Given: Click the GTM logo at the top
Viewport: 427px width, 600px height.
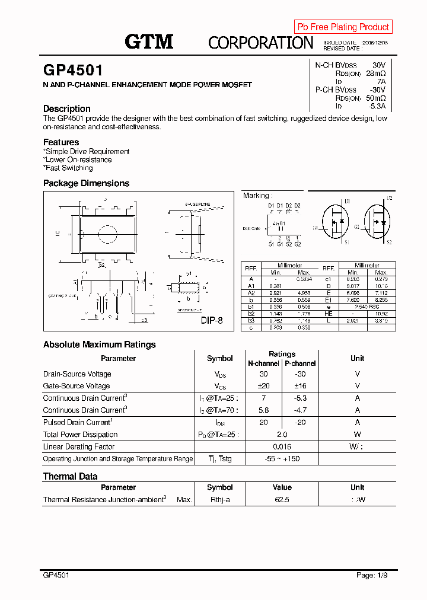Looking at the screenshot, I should (x=149, y=42).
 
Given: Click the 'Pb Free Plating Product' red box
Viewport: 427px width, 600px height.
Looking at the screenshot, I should (x=343, y=27).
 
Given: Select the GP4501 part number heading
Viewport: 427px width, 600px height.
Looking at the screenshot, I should (x=73, y=71).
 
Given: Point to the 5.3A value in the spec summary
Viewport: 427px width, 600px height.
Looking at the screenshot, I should (x=377, y=106).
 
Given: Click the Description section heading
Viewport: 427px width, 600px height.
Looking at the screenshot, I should (x=67, y=108).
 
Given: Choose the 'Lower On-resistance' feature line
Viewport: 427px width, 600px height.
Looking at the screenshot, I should (x=78, y=159).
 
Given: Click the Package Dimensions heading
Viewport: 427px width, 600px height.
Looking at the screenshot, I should (x=86, y=183).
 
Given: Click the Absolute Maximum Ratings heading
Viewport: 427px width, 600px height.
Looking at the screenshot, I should (x=100, y=344).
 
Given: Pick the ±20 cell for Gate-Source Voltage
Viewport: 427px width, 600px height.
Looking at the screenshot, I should (x=263, y=386).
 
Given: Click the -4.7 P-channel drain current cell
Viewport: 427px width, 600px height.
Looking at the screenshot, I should (x=300, y=410).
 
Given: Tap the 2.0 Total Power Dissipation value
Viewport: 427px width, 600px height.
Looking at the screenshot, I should (x=282, y=435).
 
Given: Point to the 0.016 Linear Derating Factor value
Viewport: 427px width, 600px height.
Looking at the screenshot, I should (x=282, y=446).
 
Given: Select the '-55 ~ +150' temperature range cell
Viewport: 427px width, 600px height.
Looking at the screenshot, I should (x=282, y=459).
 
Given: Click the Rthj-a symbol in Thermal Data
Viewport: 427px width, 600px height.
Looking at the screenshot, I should (x=219, y=500).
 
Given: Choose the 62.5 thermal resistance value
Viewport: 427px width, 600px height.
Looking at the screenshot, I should (x=282, y=500).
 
